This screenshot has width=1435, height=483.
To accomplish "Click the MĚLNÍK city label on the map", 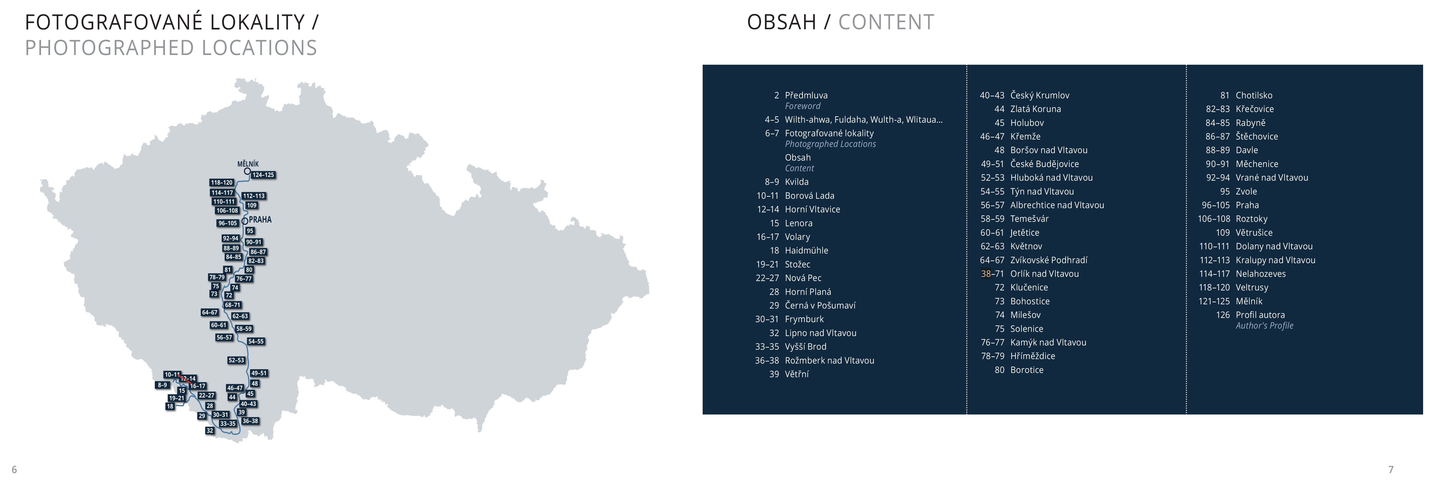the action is click(x=248, y=164).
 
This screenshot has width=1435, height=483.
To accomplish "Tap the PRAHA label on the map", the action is click(x=260, y=220).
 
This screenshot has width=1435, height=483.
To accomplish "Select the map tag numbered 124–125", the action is click(x=263, y=175).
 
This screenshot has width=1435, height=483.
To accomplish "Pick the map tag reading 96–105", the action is click(x=228, y=223).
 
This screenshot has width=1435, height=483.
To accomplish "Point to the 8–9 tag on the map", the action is click(x=162, y=385).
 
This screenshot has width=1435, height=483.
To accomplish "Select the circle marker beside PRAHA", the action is click(x=244, y=221).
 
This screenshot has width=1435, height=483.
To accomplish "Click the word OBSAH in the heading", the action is click(x=782, y=22).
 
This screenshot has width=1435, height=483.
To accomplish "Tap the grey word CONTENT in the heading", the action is click(x=886, y=22).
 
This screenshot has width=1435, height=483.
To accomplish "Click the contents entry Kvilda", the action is click(x=797, y=182).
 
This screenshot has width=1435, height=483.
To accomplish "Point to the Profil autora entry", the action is click(x=1260, y=315).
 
